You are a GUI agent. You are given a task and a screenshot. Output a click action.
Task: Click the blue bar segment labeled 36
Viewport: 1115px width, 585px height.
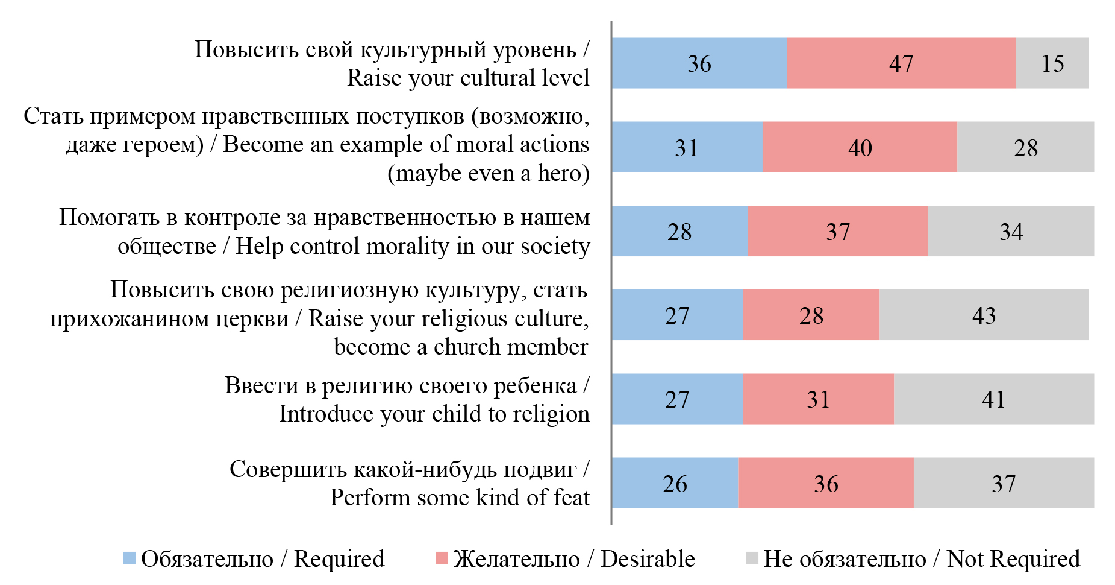699,63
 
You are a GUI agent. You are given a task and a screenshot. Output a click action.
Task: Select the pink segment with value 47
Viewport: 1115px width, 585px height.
901,63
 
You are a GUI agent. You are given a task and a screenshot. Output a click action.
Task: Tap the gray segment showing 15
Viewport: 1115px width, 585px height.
1052,63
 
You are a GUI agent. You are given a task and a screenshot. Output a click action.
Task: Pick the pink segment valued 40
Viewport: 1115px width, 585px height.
859,147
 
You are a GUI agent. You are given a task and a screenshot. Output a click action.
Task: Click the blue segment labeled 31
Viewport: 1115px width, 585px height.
687,147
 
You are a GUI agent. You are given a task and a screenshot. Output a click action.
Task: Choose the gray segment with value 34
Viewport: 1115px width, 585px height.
1011,231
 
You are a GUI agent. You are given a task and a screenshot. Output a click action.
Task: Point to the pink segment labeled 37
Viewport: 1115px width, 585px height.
837,231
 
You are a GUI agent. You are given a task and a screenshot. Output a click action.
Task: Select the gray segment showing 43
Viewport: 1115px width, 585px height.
984,315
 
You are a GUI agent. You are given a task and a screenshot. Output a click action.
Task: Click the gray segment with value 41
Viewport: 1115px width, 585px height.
993,399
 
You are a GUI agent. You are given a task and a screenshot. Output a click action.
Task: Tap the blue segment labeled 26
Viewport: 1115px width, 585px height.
675,483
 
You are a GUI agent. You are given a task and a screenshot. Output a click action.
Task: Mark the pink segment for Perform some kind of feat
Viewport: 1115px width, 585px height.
825,483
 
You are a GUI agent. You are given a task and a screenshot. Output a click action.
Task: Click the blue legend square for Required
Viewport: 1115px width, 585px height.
129,558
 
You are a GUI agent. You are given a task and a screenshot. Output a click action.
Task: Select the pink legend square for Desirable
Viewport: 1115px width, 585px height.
442,558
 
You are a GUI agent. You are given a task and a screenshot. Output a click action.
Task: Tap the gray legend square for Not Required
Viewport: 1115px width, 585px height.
752,558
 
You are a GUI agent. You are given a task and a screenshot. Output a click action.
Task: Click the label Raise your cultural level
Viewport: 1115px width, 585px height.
467,78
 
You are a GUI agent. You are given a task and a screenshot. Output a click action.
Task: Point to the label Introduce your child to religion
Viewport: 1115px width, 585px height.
434,414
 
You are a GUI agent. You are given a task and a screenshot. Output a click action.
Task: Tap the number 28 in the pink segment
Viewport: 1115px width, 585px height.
811,315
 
